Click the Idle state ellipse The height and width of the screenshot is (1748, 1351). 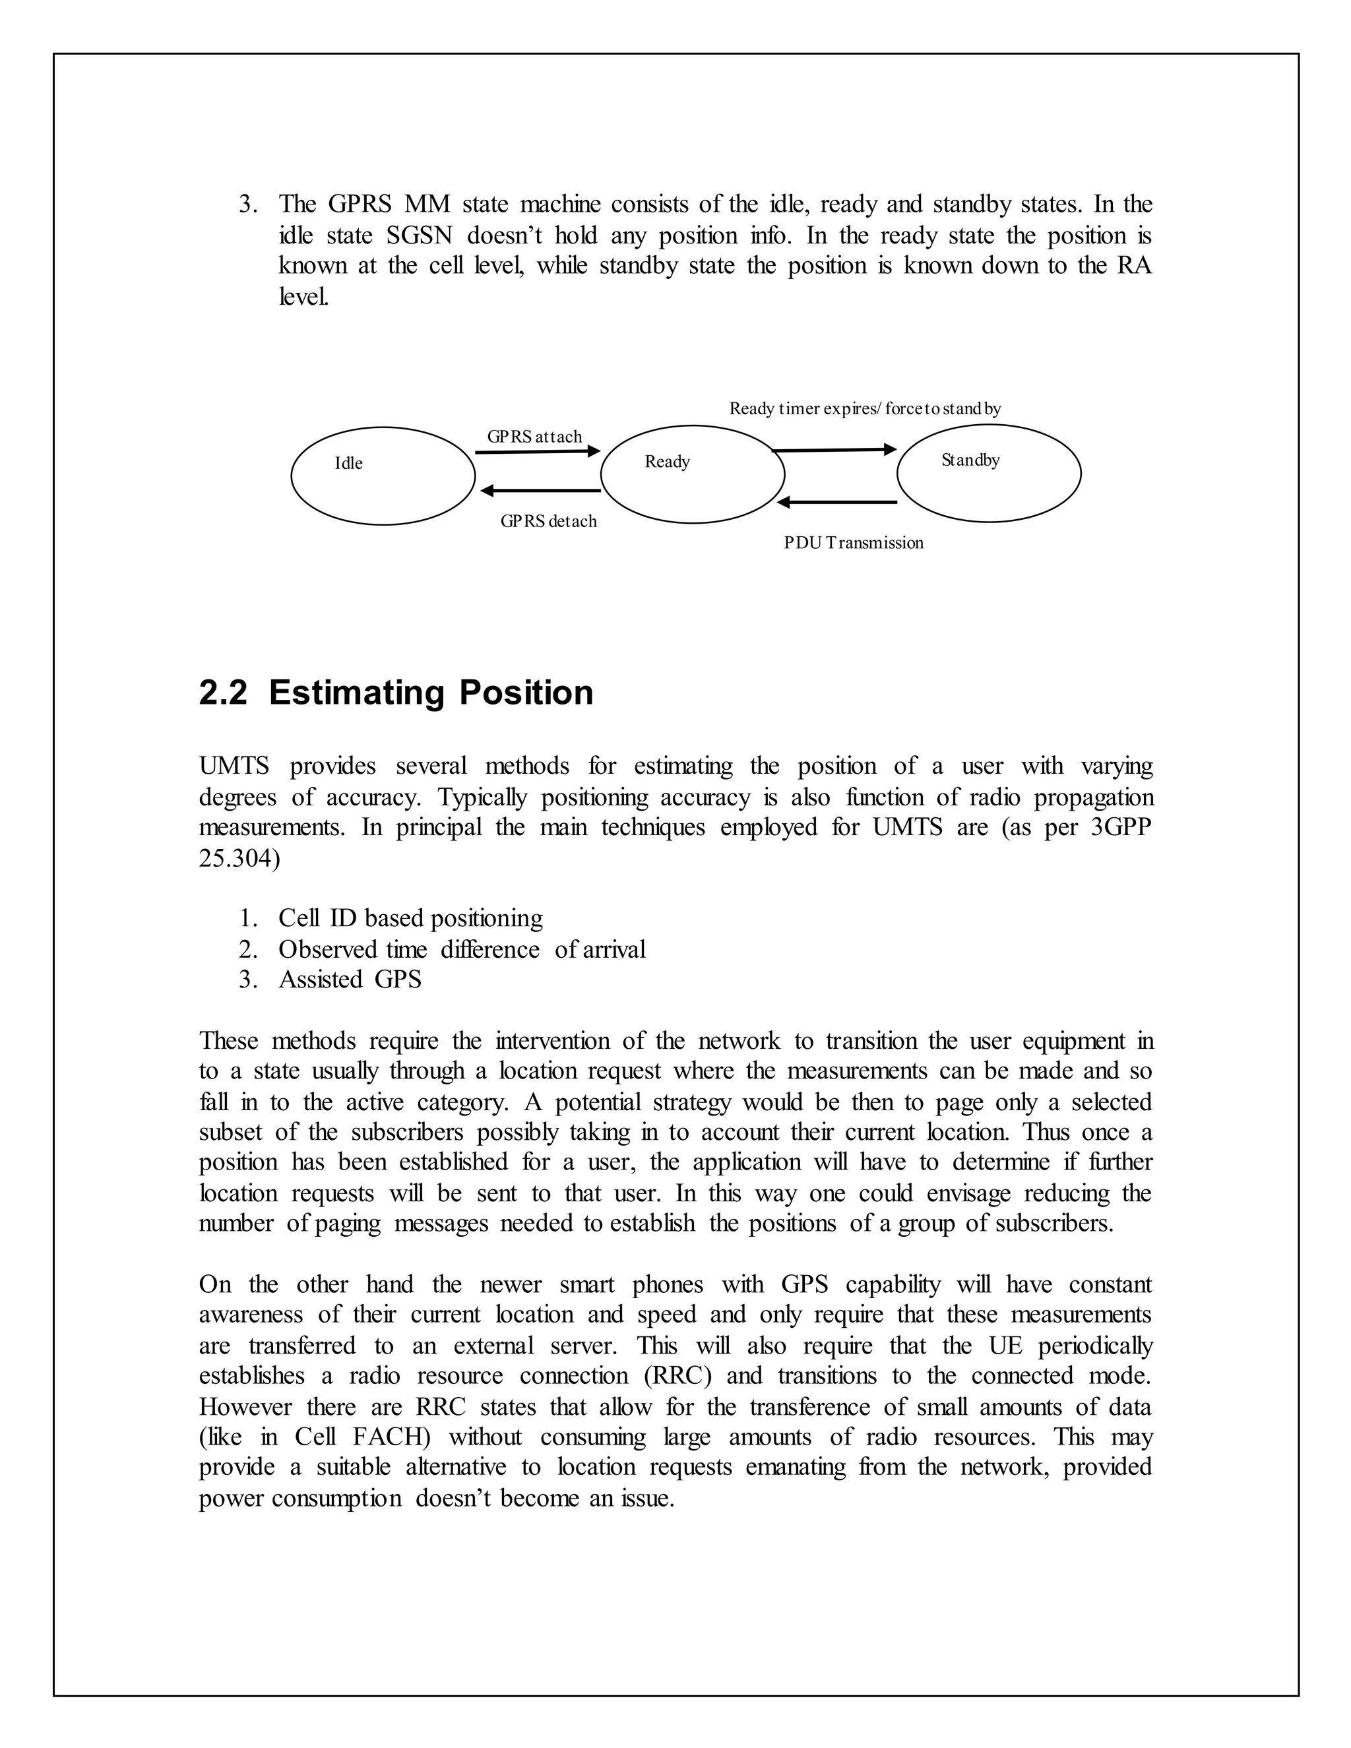pos(383,476)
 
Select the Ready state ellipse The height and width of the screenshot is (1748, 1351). pos(692,474)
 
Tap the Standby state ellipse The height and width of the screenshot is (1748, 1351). pos(988,473)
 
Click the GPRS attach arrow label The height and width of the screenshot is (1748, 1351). pos(534,436)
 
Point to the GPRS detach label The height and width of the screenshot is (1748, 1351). pos(548,521)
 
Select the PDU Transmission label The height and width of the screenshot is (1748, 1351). pos(853,543)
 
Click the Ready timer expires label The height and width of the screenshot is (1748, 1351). pos(864,408)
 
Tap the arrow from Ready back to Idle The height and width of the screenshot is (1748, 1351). pos(540,491)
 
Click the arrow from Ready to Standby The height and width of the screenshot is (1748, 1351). pos(834,451)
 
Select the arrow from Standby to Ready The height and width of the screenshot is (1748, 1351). pos(836,502)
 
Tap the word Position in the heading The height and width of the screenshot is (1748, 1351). pos(526,693)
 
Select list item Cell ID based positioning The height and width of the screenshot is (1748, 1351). pos(410,918)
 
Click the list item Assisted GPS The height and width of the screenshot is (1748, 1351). pos(350,979)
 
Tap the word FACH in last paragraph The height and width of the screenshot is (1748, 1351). pos(391,1437)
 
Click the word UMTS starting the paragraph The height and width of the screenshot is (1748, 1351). pos(234,766)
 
